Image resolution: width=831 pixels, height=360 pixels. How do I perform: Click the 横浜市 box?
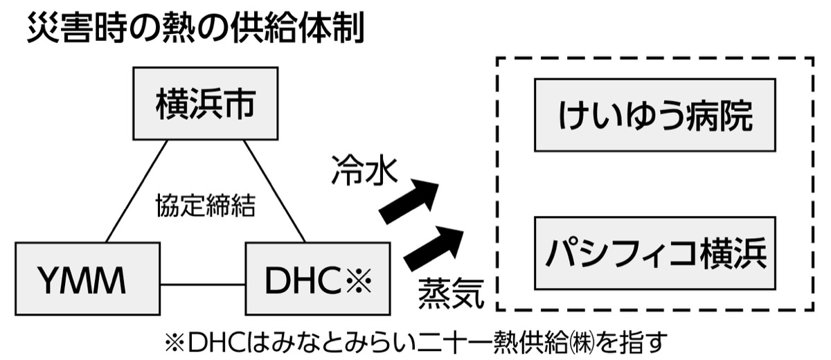coord(206,103)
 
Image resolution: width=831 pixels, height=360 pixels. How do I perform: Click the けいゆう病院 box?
coord(654,115)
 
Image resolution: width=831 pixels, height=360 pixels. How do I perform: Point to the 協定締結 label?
coord(206,205)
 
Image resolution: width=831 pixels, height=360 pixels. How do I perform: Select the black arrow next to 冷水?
coord(410,201)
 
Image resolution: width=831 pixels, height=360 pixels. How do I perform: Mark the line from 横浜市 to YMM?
coord(136,191)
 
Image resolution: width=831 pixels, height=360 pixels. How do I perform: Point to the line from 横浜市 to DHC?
coord(274,191)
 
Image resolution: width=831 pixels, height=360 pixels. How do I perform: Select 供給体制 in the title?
coord(298,30)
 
